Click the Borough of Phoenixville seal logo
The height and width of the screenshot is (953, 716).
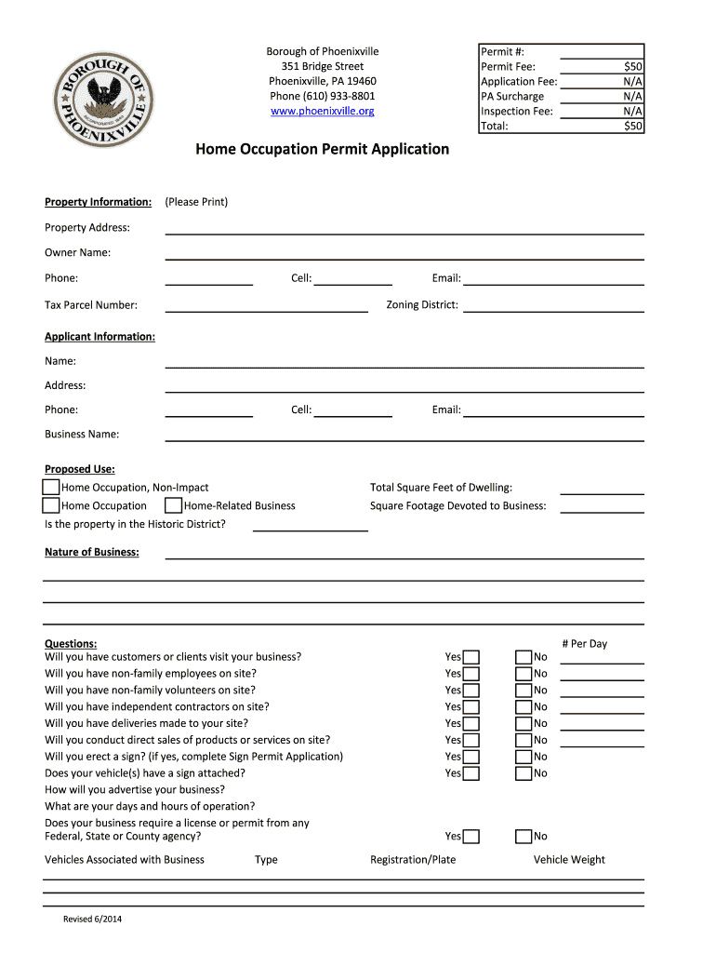pos(102,96)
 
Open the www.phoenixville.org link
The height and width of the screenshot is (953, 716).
pos(322,111)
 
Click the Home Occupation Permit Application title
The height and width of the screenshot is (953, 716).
pos(322,149)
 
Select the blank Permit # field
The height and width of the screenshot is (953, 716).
pos(602,52)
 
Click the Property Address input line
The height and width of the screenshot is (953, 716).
pos(404,227)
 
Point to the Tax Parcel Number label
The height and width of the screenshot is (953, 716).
pos(91,305)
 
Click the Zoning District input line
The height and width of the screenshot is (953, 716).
pos(553,304)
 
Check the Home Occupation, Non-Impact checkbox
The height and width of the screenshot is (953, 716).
pos(51,488)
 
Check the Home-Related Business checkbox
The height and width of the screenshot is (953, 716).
pos(173,506)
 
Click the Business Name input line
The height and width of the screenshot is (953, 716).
pos(404,434)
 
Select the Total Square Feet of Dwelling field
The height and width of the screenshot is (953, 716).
pos(602,488)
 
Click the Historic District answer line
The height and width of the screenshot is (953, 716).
pos(310,524)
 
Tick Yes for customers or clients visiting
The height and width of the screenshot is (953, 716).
pos(471,658)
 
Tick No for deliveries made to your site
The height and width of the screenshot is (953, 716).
pos(524,724)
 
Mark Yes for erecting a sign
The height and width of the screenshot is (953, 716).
pos(471,758)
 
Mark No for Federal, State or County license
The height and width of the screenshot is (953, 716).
pos(524,837)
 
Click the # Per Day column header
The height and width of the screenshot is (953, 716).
pos(584,644)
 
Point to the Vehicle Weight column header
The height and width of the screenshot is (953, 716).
pos(569,860)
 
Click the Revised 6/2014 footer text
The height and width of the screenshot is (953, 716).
pos(93,919)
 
